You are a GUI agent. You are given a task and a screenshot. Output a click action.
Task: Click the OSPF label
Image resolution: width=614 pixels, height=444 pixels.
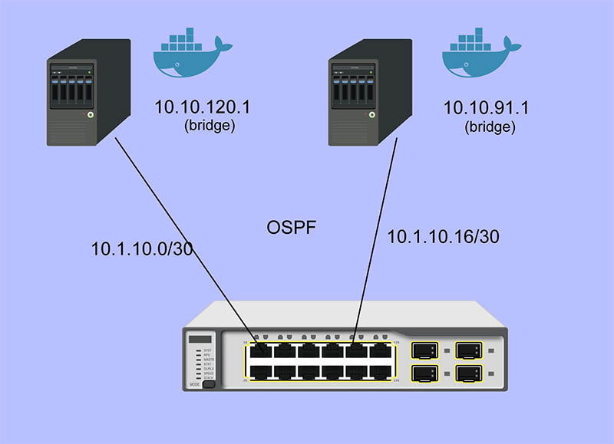coord(292,228)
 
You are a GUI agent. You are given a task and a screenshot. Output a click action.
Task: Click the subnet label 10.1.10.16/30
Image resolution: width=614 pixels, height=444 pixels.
coord(444,237)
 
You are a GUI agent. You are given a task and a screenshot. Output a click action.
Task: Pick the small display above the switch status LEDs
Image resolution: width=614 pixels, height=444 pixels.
coord(200,339)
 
